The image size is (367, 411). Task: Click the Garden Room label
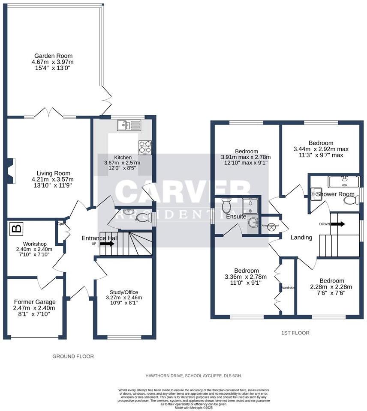[54, 56]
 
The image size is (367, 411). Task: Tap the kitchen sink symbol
[129, 125]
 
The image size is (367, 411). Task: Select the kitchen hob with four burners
[145, 147]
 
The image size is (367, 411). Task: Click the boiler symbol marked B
[16, 228]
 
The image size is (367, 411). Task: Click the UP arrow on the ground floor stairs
[107, 244]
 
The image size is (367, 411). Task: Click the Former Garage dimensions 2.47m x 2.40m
[34, 307]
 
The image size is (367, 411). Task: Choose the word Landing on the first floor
[301, 238]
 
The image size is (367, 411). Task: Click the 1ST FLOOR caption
[295, 333]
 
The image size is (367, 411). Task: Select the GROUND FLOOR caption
[73, 356]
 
